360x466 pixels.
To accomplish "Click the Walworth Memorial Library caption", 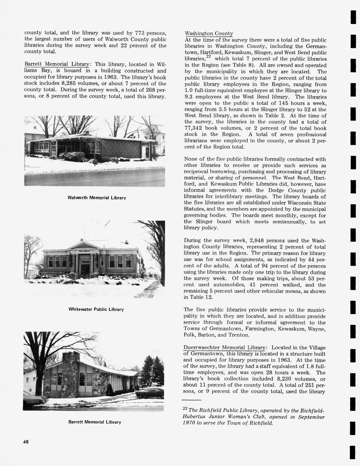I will (x=97, y=198).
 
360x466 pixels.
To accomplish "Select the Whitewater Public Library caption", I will (x=96, y=309).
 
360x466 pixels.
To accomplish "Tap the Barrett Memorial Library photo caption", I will (x=95, y=422).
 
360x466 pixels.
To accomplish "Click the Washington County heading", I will (x=209, y=33).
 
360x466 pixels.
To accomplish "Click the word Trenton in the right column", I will (x=239, y=335).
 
